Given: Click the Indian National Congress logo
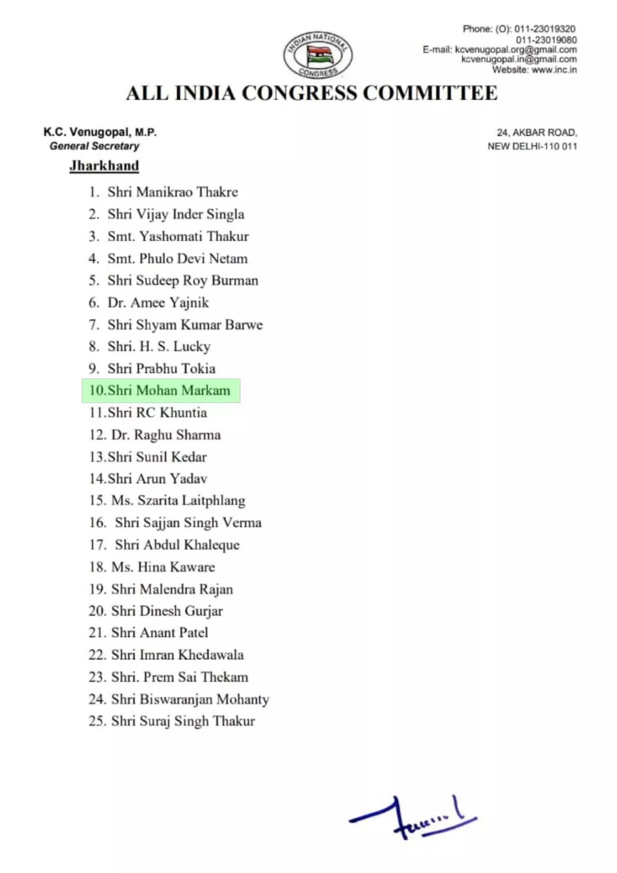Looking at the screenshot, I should pos(318,55).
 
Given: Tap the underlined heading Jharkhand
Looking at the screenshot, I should pos(104,165).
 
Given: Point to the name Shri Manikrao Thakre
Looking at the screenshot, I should pos(173,192).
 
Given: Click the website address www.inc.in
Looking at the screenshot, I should pos(554,70).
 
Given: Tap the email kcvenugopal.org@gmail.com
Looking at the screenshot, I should pos(516,49).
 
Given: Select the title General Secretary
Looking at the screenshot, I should pos(95,146).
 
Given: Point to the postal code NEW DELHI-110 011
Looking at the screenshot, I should pos(532,146).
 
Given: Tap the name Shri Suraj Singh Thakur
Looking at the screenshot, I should pos(183,721).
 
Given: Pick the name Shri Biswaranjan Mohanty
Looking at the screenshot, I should pos(190,699).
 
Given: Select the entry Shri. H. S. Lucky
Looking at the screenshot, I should pos(159,347).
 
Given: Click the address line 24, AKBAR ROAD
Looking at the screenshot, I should pos(537,133).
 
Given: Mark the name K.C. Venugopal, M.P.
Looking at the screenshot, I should pos(100,132).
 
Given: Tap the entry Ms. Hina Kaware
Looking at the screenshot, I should pos(163,567).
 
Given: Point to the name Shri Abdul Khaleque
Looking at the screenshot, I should pos(177,545).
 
